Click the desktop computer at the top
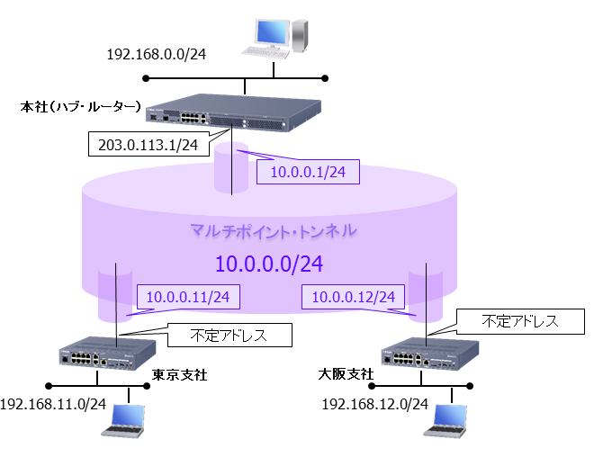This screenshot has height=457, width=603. click(x=280, y=34)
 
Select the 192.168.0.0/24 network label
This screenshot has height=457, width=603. click(x=157, y=54)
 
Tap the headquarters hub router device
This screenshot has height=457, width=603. click(x=233, y=113)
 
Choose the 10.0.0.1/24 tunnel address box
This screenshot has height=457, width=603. click(x=308, y=171)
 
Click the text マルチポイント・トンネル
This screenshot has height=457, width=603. click(x=274, y=231)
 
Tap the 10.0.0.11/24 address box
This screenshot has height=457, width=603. click(x=187, y=296)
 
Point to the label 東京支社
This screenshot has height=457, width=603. click(x=180, y=374)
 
